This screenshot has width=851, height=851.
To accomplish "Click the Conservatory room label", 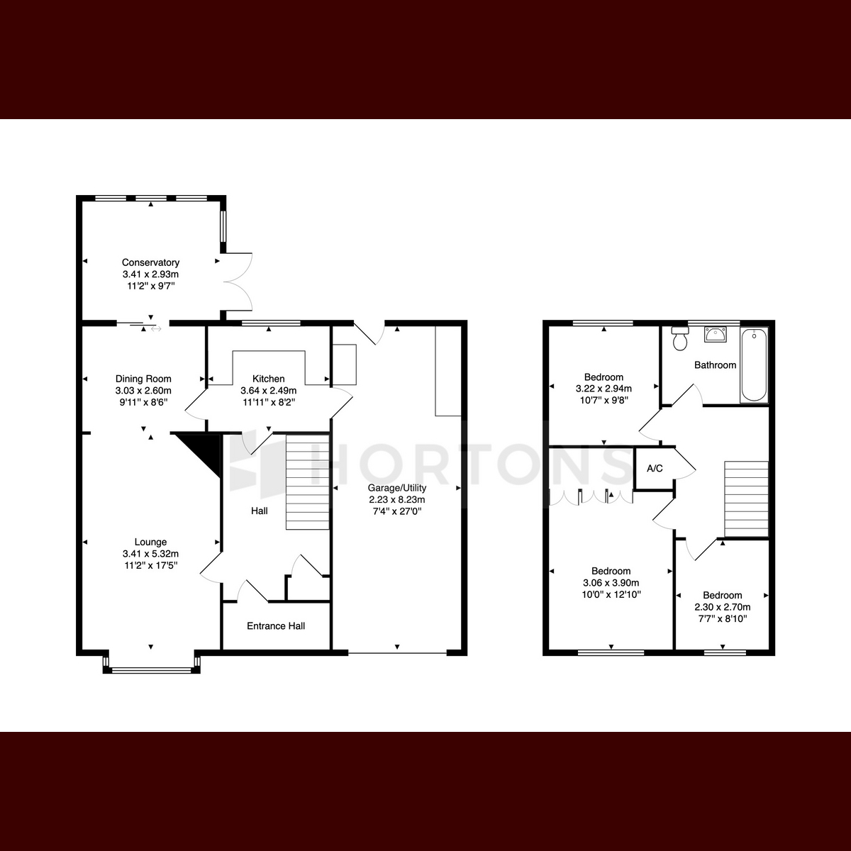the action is point(150,262).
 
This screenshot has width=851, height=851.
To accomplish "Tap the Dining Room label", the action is point(143,379).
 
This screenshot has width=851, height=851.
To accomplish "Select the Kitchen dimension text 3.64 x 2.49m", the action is point(269,390).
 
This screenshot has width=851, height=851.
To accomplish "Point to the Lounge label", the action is point(150,542).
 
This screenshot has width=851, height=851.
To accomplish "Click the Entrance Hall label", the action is point(276,625).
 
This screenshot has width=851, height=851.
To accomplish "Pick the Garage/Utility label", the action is point(397,488).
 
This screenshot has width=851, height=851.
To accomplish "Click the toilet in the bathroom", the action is point(680,338).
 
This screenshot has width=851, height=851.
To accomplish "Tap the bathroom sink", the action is point(716,335).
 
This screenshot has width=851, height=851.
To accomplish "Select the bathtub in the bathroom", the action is point(755,365).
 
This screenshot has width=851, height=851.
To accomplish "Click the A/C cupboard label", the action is point(655,469).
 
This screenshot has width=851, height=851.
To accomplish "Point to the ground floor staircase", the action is point(308,482).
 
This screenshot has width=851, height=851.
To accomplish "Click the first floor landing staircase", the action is point(746,499).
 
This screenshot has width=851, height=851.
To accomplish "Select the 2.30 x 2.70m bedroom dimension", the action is point(723,607).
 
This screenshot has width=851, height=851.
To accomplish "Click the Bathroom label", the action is point(715,365).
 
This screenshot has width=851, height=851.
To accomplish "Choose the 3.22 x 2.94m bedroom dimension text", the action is point(604,389).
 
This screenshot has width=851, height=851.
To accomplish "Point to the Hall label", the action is point(260,511).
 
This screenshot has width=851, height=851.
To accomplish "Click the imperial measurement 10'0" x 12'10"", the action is point(611,594).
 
